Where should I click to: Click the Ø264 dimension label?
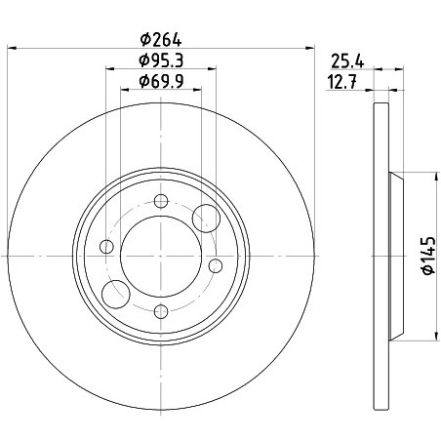[161, 39]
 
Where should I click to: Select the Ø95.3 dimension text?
[161, 60]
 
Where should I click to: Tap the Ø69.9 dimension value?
[161, 81]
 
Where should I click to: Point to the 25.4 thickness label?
[347, 61]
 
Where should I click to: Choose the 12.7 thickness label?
[341, 82]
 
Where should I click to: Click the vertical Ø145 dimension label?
[428, 256]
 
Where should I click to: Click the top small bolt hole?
[161, 201]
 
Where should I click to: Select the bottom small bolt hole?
[161, 311]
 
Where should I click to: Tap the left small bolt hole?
[106, 246]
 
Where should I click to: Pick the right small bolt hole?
[216, 265]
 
